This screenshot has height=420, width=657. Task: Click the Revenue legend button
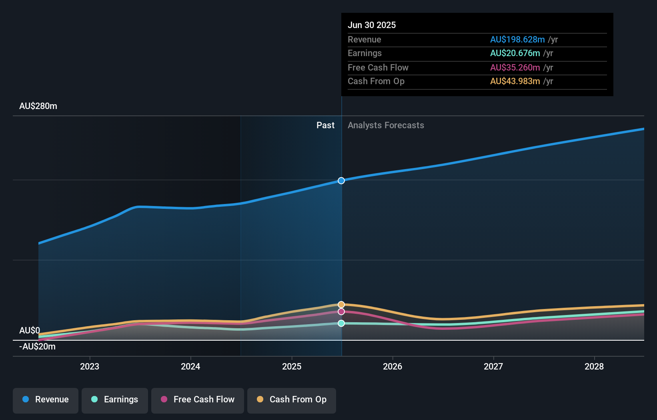coord(46,400)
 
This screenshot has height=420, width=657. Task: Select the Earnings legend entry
coord(115,400)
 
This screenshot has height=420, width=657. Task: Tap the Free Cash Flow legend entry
coord(198,400)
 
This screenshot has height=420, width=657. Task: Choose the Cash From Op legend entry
coord(292,400)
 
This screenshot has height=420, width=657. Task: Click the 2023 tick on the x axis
coord(90,366)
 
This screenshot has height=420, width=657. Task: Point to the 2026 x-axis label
coord(393,366)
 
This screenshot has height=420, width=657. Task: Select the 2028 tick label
coord(594,366)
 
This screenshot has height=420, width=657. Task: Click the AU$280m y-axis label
coord(38,106)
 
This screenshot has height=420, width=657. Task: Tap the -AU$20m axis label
coord(37,347)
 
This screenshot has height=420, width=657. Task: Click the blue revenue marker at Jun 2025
coord(341,181)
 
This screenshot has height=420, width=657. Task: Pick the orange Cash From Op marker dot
coord(341,305)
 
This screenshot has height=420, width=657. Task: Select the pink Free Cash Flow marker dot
coord(341,312)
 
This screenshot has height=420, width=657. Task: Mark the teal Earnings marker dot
coord(341,323)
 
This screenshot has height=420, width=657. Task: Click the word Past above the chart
coord(325,125)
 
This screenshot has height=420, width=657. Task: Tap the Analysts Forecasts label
coord(386,125)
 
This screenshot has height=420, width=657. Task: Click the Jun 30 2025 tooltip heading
coord(372,25)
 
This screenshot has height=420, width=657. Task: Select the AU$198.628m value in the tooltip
coord(517,40)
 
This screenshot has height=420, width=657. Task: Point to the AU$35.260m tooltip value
coord(515,68)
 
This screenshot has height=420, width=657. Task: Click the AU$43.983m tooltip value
coord(515,81)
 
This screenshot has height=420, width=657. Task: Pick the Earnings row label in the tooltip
coord(365,53)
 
